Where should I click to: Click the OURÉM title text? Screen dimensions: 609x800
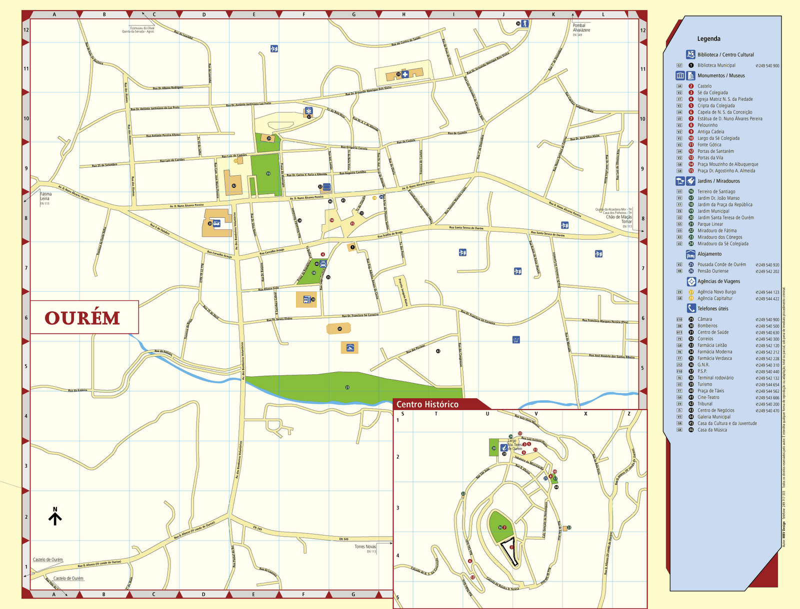[82, 318]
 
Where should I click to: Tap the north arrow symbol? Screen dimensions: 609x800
[55, 517]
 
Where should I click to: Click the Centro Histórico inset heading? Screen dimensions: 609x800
[427, 404]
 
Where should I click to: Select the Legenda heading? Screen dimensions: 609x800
[708, 38]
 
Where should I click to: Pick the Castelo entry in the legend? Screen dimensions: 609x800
[704, 86]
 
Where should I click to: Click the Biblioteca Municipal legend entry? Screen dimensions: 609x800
[716, 65]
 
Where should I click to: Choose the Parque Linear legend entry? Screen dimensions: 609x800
[710, 224]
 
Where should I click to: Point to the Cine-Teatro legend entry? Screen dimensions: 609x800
[708, 397]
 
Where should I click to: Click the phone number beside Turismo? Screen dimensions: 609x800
[767, 385]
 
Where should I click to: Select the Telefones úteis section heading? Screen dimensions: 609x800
[712, 309]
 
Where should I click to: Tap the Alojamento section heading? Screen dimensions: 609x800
[709, 254]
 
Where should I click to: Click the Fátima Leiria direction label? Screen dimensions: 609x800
[45, 196]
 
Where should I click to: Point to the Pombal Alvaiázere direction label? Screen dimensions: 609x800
[581, 28]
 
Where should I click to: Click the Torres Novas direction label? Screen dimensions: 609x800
[365, 547]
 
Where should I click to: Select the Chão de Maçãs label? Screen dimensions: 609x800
[618, 217]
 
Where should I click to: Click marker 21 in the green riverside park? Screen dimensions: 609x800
[347, 387]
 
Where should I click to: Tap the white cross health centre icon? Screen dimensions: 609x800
[405, 74]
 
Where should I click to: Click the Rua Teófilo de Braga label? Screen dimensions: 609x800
[389, 234]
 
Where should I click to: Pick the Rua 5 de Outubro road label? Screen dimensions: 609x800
[159, 229]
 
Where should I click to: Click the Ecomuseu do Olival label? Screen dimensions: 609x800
[142, 28]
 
